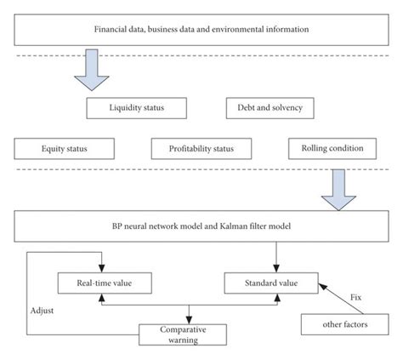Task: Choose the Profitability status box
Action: click(202, 148)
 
